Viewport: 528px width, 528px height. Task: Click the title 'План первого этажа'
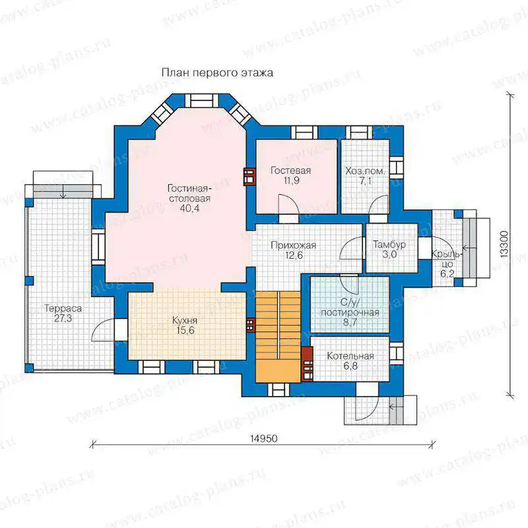tap(217, 73)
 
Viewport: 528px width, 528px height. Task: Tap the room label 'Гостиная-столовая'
tap(189, 193)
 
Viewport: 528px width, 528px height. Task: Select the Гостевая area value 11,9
tap(291, 181)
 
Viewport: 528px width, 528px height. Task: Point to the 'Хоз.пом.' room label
tap(365, 171)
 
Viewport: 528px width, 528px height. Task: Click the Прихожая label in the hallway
tap(293, 246)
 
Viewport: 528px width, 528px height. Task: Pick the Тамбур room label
tap(389, 244)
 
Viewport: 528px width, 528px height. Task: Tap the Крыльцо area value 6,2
tap(447, 274)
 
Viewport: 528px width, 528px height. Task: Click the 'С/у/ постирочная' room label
tap(350, 308)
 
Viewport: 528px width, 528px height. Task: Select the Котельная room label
tap(350, 356)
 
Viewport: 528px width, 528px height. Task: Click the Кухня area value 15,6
tap(185, 331)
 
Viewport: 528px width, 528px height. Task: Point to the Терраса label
tap(63, 308)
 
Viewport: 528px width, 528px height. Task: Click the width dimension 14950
tap(264, 438)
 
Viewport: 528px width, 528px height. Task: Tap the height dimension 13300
tap(504, 244)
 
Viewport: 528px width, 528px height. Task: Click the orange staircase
tap(278, 337)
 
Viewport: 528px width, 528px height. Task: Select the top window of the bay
tap(202, 100)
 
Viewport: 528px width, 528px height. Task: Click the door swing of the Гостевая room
tap(289, 204)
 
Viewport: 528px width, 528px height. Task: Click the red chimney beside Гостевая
tap(249, 176)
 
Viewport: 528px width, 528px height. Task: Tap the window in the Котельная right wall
tap(397, 354)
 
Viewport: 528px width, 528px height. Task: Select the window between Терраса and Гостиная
tap(98, 247)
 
